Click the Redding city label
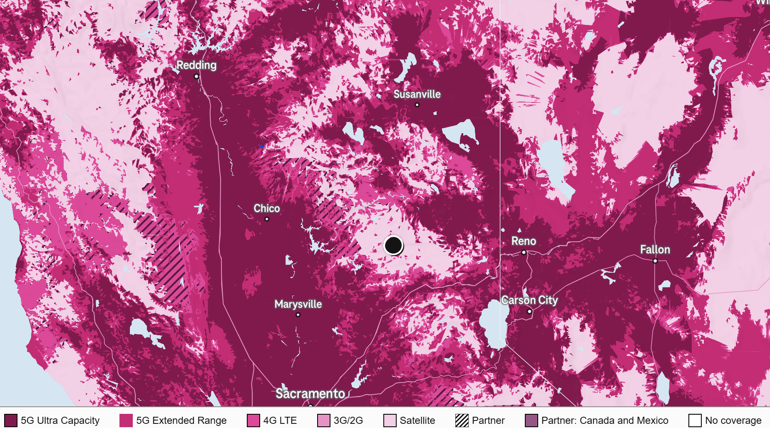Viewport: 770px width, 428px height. pos(196,65)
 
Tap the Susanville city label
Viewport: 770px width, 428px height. pos(417,95)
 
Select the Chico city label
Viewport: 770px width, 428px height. pos(266,208)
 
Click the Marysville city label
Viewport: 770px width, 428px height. pos(298,304)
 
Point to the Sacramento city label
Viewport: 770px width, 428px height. pos(310,393)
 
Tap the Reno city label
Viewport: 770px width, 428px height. pos(523,241)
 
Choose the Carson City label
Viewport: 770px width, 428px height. pos(529,300)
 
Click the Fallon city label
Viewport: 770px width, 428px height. pos(655,250)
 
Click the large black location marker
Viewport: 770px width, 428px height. pos(393,245)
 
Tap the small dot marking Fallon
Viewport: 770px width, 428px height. pos(655,261)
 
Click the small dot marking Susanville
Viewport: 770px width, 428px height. pos(417,105)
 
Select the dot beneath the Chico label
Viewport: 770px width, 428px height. pos(267,219)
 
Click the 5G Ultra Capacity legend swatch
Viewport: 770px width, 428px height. pos(11,421)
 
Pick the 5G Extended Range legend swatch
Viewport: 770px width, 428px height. pos(126,421)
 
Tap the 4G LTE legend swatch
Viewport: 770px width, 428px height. pos(253,421)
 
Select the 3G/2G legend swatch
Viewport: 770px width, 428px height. pos(323,421)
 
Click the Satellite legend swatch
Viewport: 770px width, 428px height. pos(390,421)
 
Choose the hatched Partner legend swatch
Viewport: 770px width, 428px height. pos(462,421)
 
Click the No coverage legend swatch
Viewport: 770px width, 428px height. pos(695,421)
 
